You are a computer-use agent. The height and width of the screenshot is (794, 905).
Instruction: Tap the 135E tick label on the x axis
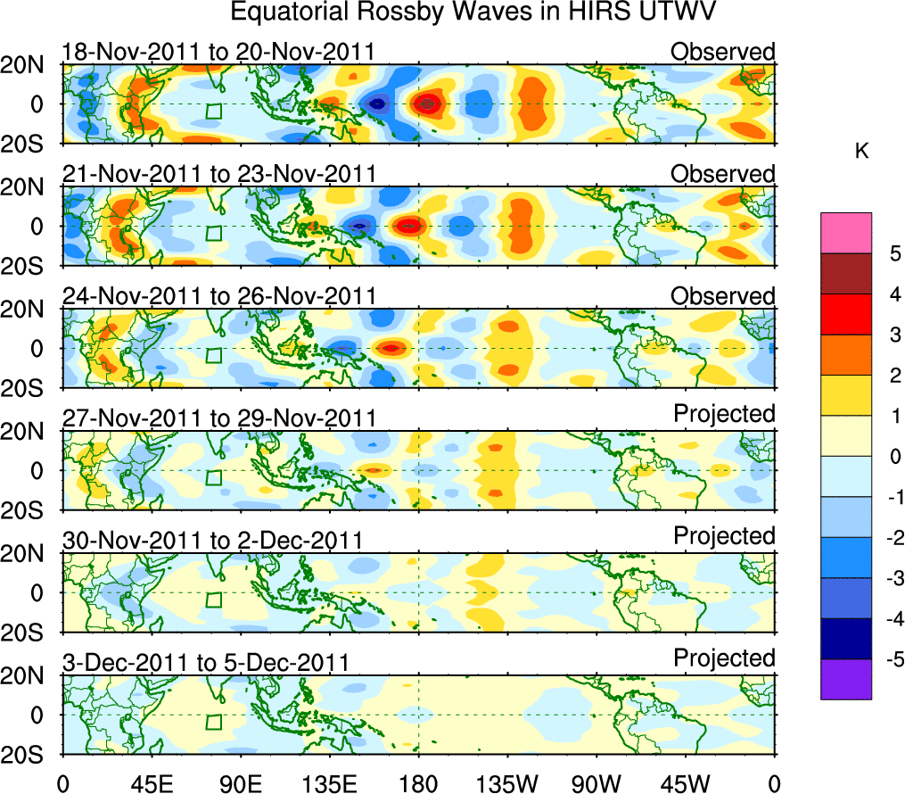(326, 782)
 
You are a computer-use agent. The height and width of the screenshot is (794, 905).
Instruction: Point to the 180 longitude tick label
(417, 782)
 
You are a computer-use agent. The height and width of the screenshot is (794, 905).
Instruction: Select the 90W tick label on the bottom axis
(596, 782)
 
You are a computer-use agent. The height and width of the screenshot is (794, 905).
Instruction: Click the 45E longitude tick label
(148, 782)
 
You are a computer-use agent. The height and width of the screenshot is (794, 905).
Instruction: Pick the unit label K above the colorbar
(861, 152)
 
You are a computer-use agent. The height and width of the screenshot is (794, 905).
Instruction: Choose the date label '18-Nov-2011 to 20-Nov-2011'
(218, 52)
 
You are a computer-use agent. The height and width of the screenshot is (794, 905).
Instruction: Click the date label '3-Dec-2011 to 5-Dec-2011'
(205, 662)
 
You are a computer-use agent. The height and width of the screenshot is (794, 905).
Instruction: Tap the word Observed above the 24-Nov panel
(723, 296)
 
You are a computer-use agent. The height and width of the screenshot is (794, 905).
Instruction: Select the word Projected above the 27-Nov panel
(724, 414)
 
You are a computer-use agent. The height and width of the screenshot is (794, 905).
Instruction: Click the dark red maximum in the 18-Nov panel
(428, 103)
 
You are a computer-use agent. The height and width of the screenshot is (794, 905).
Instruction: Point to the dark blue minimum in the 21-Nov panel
(359, 226)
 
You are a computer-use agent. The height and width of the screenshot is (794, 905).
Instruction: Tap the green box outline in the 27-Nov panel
(213, 477)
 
